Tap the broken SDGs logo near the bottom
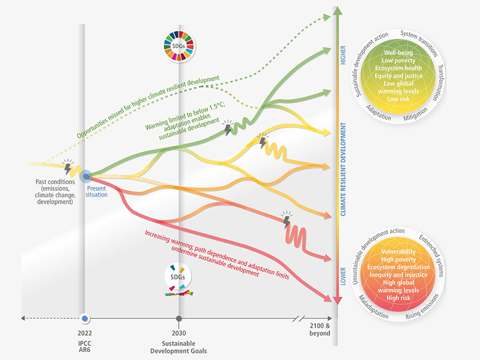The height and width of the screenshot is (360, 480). (x=178, y=279)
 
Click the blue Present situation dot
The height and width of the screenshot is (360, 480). (x=85, y=175)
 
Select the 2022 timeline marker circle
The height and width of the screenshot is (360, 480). (x=85, y=318)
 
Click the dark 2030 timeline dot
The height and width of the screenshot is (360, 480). (x=178, y=318)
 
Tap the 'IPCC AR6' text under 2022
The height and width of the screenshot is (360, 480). (x=85, y=347)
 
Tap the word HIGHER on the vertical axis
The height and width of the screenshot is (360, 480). (x=343, y=55)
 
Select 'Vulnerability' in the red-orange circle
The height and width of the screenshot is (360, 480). (x=398, y=251)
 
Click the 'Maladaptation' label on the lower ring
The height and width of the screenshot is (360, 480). (x=370, y=307)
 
